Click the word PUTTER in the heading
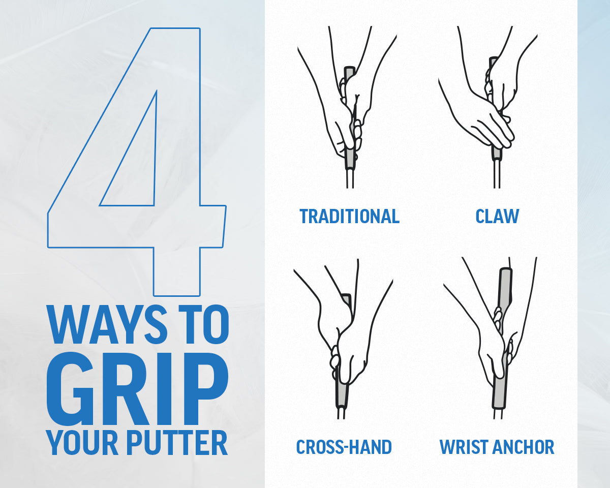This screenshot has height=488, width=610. point(176,443)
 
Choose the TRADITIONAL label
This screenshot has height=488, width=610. point(349,216)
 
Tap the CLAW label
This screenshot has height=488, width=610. point(497,216)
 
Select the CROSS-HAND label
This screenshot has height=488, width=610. point(344,447)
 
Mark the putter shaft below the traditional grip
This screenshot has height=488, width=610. point(349,179)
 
